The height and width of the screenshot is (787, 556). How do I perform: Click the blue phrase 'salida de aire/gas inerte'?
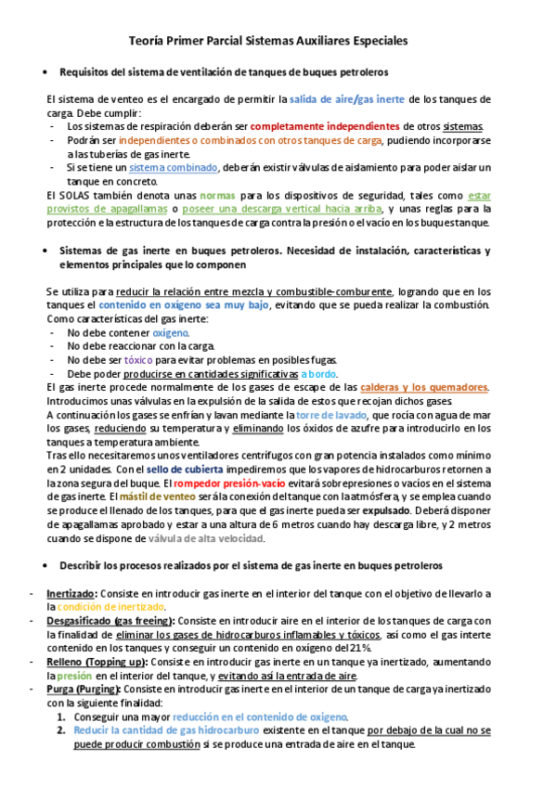point(347,98)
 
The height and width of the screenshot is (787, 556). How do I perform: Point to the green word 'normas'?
point(218,196)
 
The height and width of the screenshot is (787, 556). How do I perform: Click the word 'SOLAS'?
point(78,196)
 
